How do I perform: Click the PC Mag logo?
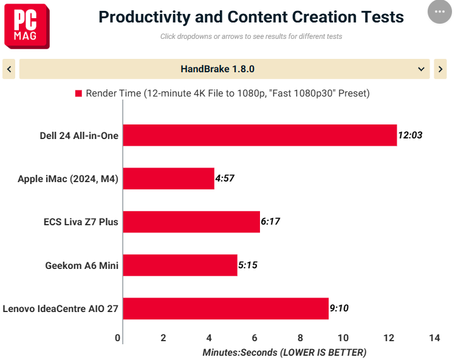point(27,26)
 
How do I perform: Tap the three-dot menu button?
point(439,12)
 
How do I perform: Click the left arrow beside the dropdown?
point(9,69)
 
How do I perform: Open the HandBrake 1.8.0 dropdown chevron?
point(421,69)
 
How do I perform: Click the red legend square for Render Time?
point(78,93)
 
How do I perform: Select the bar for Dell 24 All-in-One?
point(260,135)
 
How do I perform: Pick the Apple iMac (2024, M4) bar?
point(169,178)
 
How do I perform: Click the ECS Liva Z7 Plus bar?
point(191,222)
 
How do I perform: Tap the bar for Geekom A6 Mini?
point(180,265)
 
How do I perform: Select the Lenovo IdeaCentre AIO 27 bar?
point(226,308)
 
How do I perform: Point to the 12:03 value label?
point(410,135)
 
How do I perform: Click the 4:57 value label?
point(225,178)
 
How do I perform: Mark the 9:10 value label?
point(339,308)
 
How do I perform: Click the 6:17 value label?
point(270,222)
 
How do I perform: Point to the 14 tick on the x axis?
point(434,338)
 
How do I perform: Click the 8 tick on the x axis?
point(300,338)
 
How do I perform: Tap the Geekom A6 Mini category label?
point(82,265)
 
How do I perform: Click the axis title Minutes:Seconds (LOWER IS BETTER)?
point(284,353)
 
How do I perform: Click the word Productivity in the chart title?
point(145,17)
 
